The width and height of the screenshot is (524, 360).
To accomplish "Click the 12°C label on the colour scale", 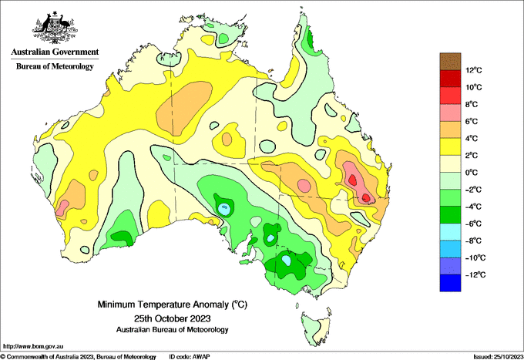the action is pos(474,70).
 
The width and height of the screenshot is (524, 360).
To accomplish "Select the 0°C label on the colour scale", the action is pos(472,173).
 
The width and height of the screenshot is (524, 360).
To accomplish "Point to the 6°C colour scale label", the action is pos(472,121).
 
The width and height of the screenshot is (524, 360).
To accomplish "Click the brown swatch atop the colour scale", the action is pos(450,62).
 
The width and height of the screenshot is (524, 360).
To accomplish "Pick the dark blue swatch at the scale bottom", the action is pos(450,283).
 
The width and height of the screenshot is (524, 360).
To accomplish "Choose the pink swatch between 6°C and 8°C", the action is pos(450,113).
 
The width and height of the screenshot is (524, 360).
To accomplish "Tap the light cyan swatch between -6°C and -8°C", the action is pos(450,232).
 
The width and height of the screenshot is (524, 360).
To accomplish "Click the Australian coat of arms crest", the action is pos(55,28).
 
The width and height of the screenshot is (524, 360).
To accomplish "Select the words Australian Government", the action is pos(55,52).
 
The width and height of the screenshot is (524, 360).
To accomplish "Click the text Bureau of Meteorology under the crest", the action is pos(55,66).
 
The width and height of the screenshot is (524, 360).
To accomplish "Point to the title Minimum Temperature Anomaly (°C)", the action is pos(172,304).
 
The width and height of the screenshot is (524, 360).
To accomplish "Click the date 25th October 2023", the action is pos(173,318).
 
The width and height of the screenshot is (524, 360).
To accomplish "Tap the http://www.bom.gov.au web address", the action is pos(33,346).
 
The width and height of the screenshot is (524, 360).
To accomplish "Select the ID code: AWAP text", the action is pos(190,357).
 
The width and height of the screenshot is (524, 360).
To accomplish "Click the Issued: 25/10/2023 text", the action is pos(498,357).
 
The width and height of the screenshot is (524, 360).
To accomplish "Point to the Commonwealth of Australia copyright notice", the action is pos(78,357).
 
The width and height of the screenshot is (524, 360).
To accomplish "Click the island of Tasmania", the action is pos(316,328).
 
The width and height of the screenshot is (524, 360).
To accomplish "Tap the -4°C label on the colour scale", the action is pos(473,207).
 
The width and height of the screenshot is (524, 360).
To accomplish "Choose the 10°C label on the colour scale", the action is pos(474,87).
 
